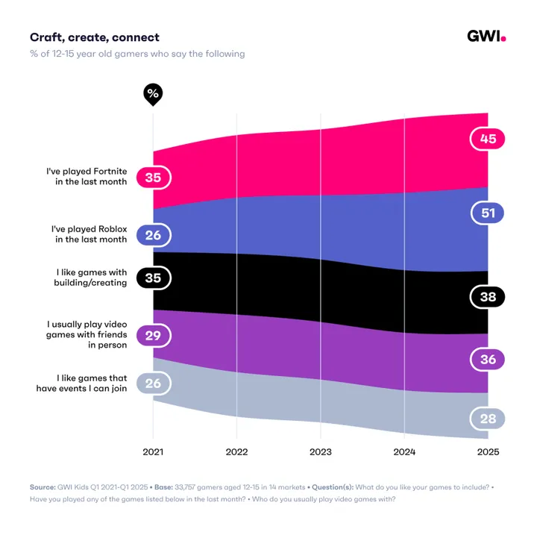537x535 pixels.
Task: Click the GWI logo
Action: tap(486, 37)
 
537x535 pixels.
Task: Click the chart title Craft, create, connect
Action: tap(94, 37)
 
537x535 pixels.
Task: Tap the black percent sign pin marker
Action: tap(153, 94)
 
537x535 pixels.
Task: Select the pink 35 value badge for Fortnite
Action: tap(154, 178)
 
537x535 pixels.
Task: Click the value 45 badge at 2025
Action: tap(488, 139)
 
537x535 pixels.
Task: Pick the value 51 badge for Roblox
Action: tap(488, 213)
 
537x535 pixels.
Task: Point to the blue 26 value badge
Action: tap(154, 235)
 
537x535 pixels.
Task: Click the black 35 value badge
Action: tap(154, 278)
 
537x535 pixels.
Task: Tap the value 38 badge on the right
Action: tap(488, 296)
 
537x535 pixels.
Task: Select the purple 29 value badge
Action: tap(154, 336)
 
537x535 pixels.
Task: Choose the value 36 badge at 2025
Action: tap(488, 359)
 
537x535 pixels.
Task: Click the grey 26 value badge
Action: tap(154, 384)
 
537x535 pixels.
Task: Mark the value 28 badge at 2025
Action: tap(488, 419)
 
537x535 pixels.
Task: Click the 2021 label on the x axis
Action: tap(153, 452)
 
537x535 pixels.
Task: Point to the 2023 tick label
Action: tap(321, 452)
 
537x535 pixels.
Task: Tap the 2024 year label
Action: tap(404, 452)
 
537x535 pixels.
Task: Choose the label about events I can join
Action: tap(81, 383)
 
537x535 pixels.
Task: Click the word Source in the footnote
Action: tap(42, 486)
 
